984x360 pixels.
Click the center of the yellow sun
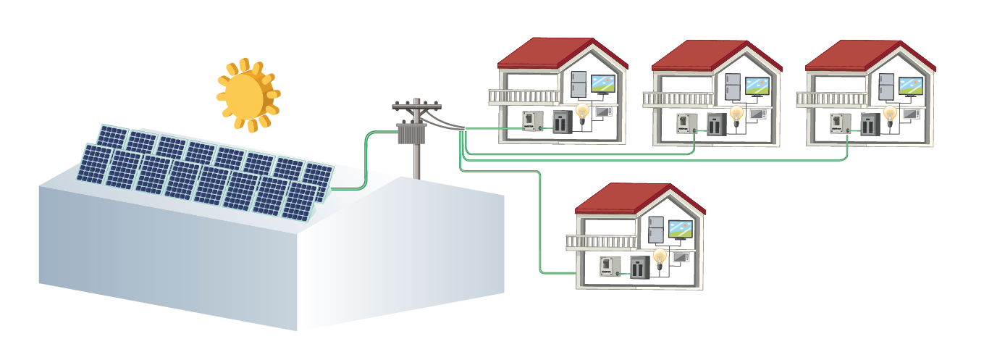[x=247, y=94]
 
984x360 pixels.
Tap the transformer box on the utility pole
[x=413, y=133]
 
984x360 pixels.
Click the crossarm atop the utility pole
[x=416, y=106]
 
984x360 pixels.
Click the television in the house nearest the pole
[x=602, y=84]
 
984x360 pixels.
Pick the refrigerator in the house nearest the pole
[x=579, y=84]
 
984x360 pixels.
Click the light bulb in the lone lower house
[x=659, y=257]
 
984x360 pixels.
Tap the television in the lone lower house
[x=680, y=230]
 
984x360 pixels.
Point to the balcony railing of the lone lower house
[x=602, y=242]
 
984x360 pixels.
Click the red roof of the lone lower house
[x=630, y=198]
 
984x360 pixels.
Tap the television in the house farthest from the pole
[x=911, y=85]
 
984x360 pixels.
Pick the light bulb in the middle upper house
[x=736, y=114]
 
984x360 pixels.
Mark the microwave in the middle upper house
[x=757, y=114]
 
